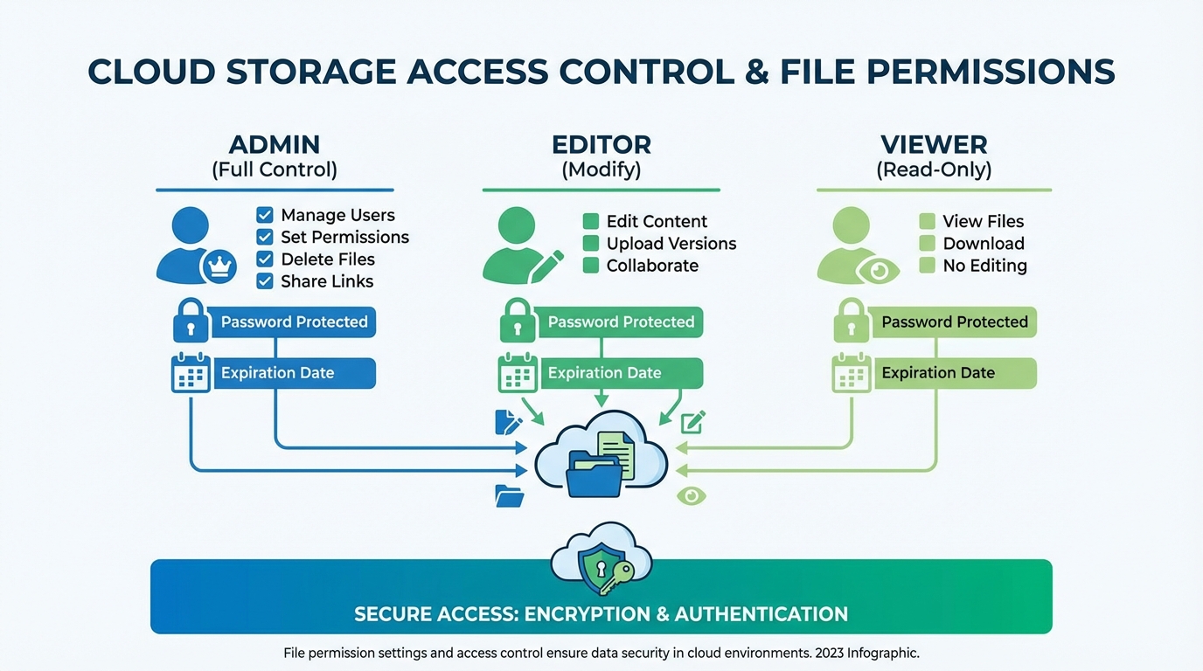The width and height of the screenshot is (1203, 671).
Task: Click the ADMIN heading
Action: (275, 144)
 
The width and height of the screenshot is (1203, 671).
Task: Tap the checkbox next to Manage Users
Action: (265, 215)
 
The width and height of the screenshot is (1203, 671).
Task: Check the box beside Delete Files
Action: (265, 259)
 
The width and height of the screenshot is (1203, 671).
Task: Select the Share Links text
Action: (327, 281)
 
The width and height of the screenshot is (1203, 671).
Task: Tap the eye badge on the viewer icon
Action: (878, 270)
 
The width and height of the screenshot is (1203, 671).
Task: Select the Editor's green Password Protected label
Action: (621, 322)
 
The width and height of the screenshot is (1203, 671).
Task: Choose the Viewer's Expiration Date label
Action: (938, 373)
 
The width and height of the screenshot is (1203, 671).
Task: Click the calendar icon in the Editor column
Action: (518, 373)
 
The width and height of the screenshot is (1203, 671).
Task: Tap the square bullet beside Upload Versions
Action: (591, 244)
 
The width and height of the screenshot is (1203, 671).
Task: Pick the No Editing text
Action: (984, 266)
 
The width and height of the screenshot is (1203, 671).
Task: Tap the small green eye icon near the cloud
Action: (692, 495)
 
